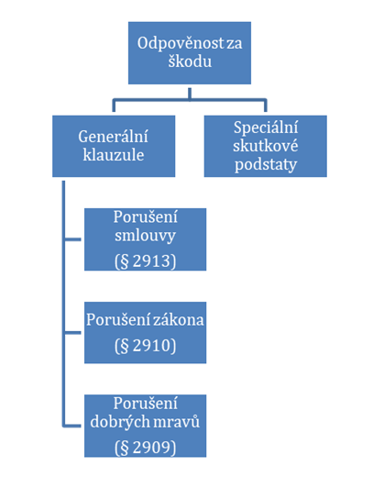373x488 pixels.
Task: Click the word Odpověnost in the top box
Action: [x=181, y=43]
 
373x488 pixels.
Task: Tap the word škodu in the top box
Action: [x=190, y=61]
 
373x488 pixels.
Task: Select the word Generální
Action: [x=113, y=137]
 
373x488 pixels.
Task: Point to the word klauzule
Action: [x=114, y=155]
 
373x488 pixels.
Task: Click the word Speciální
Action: [x=266, y=128]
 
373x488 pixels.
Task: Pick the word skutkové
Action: [x=266, y=146]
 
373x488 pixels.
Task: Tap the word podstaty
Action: [x=266, y=164]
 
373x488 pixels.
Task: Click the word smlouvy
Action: [x=145, y=236]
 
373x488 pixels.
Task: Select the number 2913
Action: [x=152, y=261]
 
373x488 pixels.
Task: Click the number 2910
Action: [x=152, y=346]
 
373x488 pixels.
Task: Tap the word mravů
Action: [x=181, y=422]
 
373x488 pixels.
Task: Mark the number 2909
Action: [x=152, y=448]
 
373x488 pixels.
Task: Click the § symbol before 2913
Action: [x=124, y=261]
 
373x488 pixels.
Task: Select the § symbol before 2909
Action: [x=124, y=449]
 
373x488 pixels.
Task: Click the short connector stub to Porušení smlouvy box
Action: [x=72, y=239]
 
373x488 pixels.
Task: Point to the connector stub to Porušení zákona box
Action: [x=72, y=332]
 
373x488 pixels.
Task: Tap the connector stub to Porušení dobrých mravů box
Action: [x=72, y=426]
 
